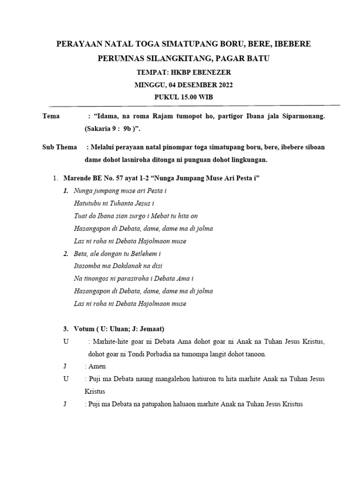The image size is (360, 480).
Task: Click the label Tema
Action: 51,116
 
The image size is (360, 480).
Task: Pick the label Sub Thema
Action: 60,147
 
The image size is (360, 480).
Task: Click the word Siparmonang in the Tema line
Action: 302,116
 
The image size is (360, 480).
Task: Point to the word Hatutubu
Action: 90,203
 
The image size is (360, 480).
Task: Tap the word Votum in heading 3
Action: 84,329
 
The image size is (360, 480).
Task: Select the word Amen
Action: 97,366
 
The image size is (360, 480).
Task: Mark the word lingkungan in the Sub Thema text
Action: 247,159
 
